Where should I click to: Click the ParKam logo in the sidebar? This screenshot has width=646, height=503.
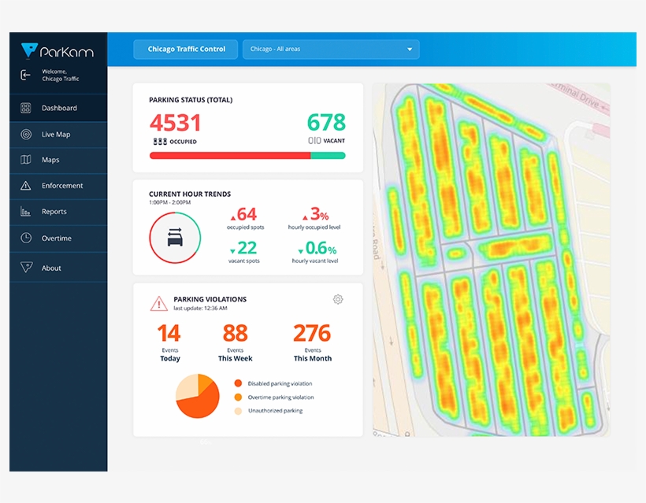57,51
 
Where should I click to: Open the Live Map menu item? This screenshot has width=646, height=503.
55,135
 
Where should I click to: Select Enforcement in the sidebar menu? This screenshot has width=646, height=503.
61,186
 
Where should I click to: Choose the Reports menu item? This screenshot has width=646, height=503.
54,212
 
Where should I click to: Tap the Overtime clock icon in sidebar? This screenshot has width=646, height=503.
26,238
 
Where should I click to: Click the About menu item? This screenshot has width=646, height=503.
51,268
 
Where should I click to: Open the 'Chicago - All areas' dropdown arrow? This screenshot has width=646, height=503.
410,50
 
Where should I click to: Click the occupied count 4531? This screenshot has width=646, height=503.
175,123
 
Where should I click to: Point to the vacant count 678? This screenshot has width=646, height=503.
325,123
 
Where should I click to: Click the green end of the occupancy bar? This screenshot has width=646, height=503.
328,156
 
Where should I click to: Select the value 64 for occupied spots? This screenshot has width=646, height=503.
246,214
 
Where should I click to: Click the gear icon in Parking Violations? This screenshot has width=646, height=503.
338,299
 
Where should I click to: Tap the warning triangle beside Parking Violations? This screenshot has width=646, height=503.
158,303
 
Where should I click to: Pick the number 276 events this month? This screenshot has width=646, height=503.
312,333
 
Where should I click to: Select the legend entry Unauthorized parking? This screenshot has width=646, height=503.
275,411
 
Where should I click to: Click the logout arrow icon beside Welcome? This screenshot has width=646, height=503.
26,75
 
